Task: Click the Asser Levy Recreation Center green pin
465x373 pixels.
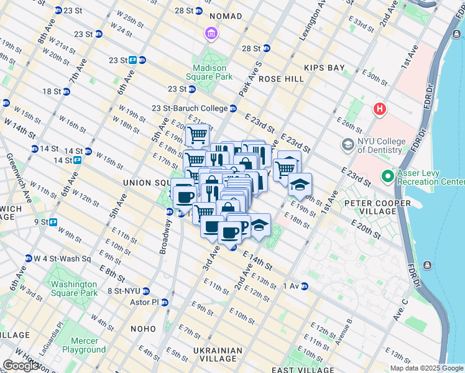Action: pos(389,177)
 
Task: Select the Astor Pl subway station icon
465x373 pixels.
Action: pos(165,303)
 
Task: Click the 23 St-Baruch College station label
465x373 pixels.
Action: pos(190,108)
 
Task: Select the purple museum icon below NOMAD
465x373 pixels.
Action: pos(211,32)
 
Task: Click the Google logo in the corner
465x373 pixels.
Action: pos(21,366)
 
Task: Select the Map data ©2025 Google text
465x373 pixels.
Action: pos(427,368)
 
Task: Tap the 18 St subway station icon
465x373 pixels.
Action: pos(66,91)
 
